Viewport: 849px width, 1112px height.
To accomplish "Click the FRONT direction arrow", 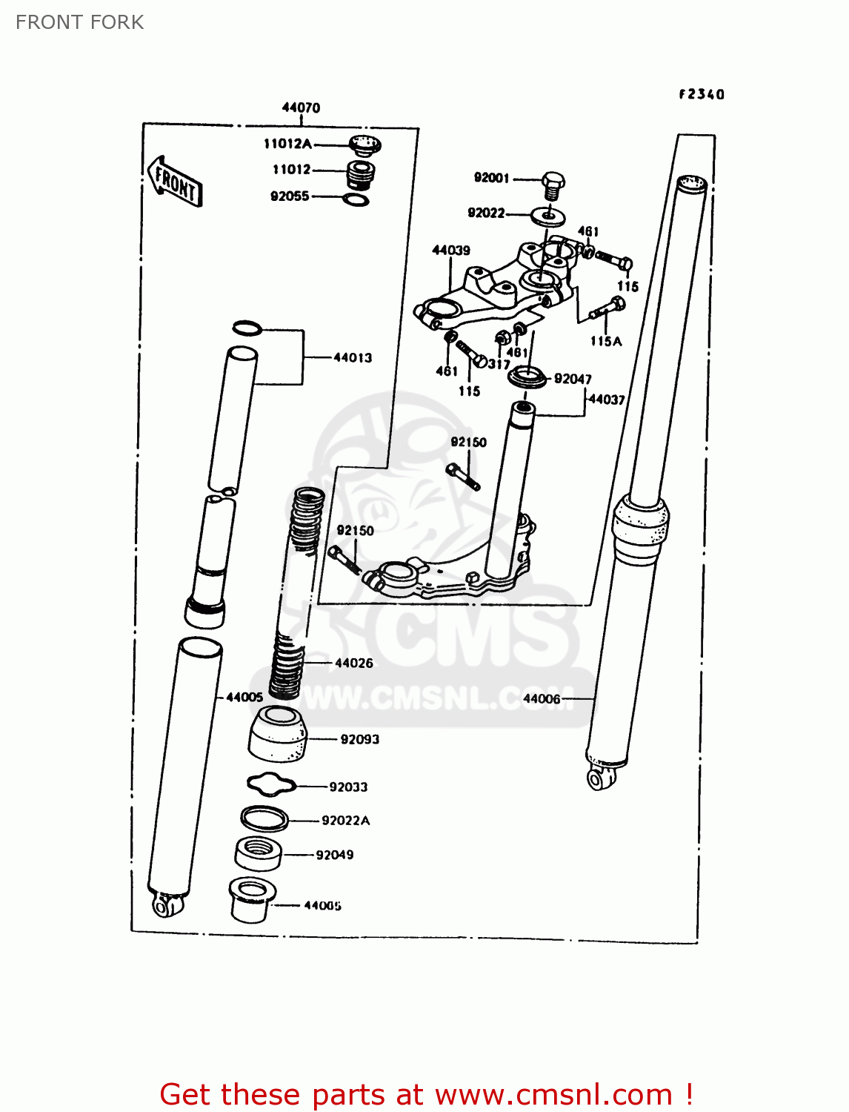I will [x=175, y=182].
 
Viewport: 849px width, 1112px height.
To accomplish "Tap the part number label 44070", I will [x=301, y=107].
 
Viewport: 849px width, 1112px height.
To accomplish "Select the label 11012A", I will [x=287, y=144].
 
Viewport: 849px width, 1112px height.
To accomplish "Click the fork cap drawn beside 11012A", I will [x=364, y=145].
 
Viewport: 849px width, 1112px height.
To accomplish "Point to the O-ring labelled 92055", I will [x=356, y=199].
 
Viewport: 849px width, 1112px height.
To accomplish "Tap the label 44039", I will [x=451, y=251].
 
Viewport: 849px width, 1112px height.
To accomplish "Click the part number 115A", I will [x=605, y=341].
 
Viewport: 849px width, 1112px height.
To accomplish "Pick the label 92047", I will [x=573, y=379].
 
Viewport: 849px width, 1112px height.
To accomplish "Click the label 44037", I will [x=607, y=400].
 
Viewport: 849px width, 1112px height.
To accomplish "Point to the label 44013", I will [x=353, y=357].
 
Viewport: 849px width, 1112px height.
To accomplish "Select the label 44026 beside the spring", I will [x=354, y=663].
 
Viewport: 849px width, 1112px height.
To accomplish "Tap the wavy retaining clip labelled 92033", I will [x=271, y=784].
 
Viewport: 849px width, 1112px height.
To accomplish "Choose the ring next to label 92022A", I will [x=264, y=818].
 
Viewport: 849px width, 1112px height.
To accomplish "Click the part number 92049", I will [x=335, y=855].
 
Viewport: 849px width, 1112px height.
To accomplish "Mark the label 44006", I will [x=542, y=698].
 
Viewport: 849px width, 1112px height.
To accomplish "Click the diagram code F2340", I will [x=702, y=94].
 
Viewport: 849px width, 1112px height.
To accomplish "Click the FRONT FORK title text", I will [x=80, y=22].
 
